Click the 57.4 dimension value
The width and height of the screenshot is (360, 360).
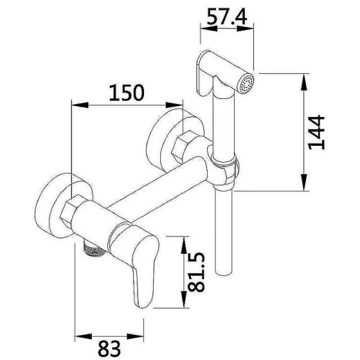tap(227, 17)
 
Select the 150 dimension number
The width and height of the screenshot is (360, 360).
tap(127, 92)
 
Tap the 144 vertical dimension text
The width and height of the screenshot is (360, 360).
tap(317, 133)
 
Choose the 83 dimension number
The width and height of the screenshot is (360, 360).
tap(109, 348)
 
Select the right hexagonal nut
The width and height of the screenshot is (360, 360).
tap(183, 145)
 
